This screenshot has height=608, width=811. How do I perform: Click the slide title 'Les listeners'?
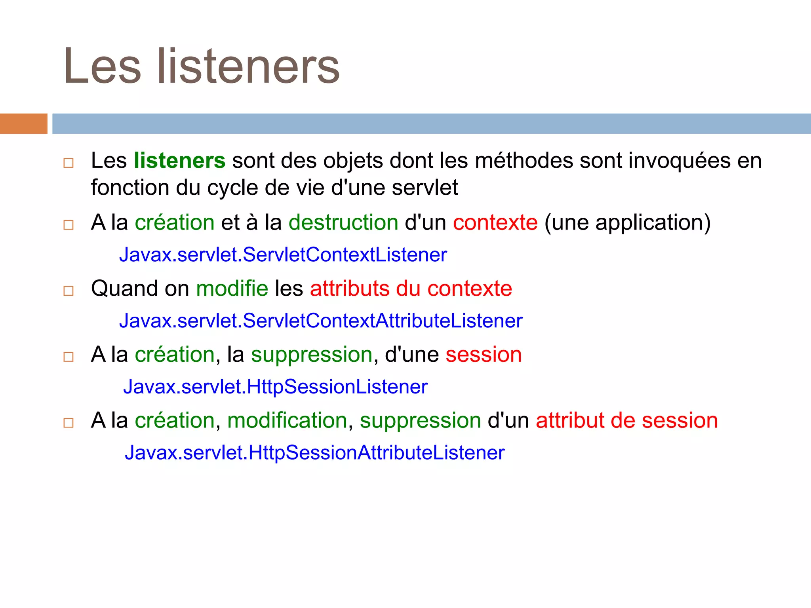[202, 66]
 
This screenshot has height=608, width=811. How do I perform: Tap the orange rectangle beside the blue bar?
[23, 123]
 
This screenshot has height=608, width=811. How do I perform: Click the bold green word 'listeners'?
[179, 161]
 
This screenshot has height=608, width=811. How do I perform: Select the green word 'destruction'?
[343, 222]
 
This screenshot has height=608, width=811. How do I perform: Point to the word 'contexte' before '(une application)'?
[495, 222]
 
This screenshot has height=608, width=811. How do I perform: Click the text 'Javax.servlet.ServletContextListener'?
[283, 255]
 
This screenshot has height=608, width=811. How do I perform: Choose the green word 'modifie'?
[232, 288]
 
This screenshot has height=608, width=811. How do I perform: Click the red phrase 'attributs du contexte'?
[411, 288]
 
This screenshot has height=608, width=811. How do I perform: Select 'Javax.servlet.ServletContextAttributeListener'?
[321, 321]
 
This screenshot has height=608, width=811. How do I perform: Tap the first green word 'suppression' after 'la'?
[312, 354]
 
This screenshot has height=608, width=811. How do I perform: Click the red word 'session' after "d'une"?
[484, 354]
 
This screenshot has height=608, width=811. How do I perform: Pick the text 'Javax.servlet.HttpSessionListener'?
[275, 387]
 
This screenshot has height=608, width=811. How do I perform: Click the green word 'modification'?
[287, 420]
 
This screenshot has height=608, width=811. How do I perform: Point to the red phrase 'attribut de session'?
[626, 420]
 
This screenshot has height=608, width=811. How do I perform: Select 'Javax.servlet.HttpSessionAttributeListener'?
[314, 453]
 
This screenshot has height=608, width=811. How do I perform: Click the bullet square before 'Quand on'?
[69, 291]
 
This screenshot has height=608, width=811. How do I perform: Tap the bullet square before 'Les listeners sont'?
[69, 163]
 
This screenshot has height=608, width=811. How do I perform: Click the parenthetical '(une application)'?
[628, 222]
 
